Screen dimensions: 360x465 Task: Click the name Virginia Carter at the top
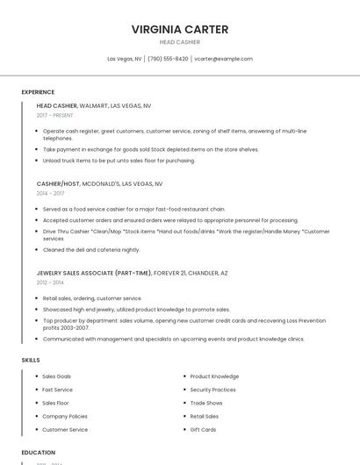point(180,29)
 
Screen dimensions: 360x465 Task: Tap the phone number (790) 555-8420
point(168,59)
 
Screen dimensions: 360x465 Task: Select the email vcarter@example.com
point(223,59)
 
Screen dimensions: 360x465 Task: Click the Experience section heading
point(38,92)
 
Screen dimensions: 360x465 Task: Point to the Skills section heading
point(30,360)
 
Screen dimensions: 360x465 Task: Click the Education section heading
point(38,453)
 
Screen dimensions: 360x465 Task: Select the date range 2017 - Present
point(55,115)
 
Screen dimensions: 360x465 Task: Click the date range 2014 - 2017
point(50,193)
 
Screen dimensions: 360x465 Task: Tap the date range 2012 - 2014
point(50,283)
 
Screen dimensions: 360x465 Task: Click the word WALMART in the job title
point(94,105)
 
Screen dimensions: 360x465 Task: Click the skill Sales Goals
point(56,376)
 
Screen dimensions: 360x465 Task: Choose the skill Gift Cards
point(203,430)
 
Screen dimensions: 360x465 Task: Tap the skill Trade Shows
point(206,403)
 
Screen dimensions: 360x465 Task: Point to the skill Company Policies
point(64,416)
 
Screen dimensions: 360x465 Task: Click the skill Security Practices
point(212,390)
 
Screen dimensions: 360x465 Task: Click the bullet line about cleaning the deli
point(91,250)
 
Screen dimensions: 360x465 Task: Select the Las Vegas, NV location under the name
point(125,59)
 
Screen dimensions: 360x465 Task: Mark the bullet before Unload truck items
point(36,161)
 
